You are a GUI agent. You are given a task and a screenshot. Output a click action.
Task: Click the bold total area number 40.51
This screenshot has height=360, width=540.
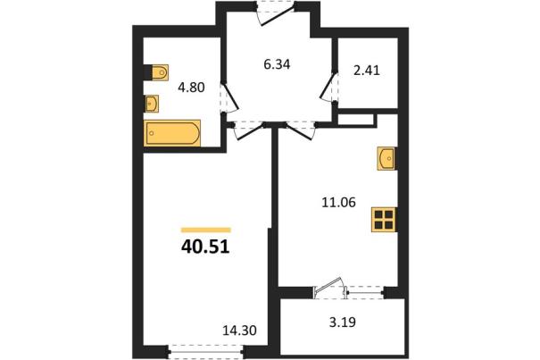tap(205, 247)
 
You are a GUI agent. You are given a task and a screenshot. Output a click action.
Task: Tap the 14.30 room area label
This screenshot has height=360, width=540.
tap(240, 331)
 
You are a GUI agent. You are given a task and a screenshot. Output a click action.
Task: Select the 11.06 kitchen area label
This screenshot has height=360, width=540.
tap(338, 203)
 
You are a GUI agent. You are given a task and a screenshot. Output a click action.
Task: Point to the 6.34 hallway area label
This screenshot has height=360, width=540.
tap(277, 64)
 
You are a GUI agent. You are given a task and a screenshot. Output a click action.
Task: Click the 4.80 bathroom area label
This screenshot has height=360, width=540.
tap(191, 88)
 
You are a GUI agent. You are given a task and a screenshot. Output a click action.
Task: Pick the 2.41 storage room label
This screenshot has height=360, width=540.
tap(367, 71)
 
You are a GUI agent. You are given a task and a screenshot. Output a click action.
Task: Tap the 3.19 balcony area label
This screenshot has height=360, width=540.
tap(343, 322)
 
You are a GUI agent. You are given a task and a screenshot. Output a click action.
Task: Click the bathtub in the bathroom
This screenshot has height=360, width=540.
tap(173, 133)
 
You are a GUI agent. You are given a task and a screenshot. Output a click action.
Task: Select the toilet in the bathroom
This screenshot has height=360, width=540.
tap(160, 72)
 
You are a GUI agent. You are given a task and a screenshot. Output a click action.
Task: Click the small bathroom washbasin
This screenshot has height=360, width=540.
tap(152, 104)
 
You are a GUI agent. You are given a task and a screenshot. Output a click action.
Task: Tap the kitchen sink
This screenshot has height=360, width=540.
tap(386, 158)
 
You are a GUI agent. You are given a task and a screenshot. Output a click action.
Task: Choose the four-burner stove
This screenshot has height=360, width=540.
tap(384, 220)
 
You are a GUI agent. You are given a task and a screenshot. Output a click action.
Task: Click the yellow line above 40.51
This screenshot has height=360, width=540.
tap(206, 230)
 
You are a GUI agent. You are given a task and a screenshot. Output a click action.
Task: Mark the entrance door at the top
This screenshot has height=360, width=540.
tap(278, 13)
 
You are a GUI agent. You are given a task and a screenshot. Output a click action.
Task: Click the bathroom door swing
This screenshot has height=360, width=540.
tap(229, 97)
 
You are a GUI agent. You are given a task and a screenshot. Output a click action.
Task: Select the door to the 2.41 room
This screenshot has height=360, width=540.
tap(328, 87)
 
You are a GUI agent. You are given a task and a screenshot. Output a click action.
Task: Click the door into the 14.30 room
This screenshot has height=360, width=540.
tap(249, 131)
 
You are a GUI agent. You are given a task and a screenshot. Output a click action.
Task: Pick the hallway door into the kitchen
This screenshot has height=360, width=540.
tap(301, 131)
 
